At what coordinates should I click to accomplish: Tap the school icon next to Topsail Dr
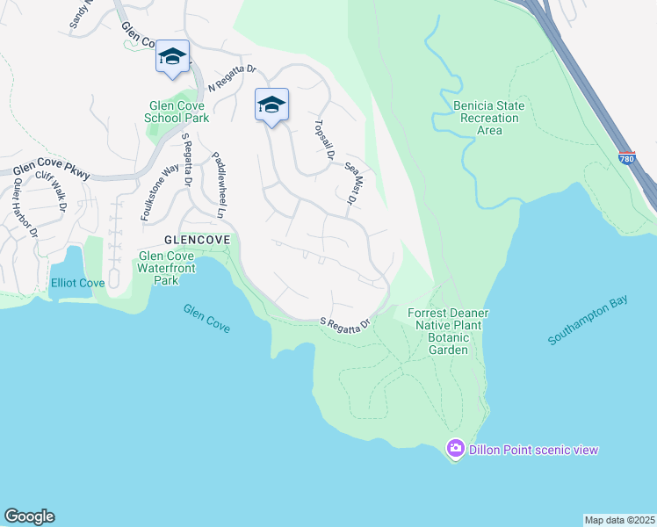click(272, 105)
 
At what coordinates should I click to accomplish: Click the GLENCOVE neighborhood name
click(198, 239)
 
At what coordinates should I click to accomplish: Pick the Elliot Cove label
click(77, 284)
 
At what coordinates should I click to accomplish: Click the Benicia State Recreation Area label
click(489, 118)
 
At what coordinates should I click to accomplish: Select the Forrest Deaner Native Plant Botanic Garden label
click(448, 331)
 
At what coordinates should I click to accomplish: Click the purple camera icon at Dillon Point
click(455, 449)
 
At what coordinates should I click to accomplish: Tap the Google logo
click(29, 516)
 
